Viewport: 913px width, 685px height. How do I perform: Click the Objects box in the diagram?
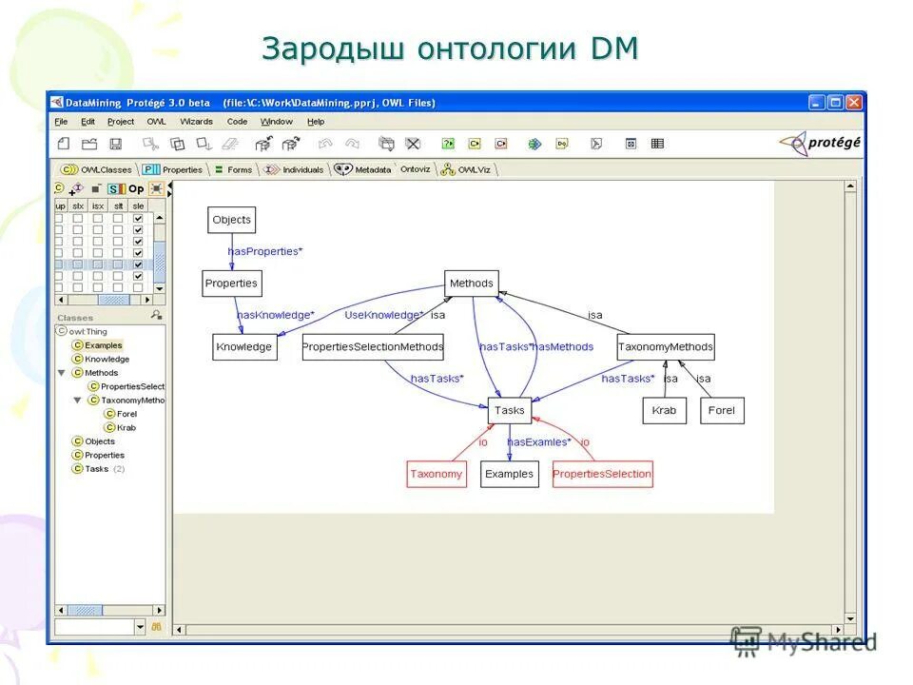pyautogui.click(x=232, y=220)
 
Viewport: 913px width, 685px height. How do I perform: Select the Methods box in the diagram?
pyautogui.click(x=472, y=284)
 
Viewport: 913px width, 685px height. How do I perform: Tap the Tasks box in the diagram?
pyautogui.click(x=510, y=411)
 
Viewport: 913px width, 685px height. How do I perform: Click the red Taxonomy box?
pyautogui.click(x=437, y=474)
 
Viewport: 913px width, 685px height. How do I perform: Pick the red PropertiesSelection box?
pyautogui.click(x=602, y=474)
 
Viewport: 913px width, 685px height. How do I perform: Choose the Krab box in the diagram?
pyautogui.click(x=664, y=411)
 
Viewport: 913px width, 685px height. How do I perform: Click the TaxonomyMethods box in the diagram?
pyautogui.click(x=665, y=347)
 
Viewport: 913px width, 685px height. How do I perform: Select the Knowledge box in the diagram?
pyautogui.click(x=244, y=347)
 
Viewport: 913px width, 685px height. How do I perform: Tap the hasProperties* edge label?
pyautogui.click(x=265, y=251)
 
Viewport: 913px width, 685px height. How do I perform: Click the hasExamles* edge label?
pyautogui.click(x=539, y=442)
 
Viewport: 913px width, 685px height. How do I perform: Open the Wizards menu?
pyautogui.click(x=196, y=122)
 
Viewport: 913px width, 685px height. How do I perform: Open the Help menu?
pyautogui.click(x=316, y=122)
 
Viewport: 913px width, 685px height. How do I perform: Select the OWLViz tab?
pyautogui.click(x=472, y=169)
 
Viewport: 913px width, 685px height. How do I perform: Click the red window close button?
pyautogui.click(x=854, y=102)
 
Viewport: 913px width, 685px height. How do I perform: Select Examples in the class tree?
pyautogui.click(x=103, y=345)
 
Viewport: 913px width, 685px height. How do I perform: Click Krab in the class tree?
pyautogui.click(x=126, y=427)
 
